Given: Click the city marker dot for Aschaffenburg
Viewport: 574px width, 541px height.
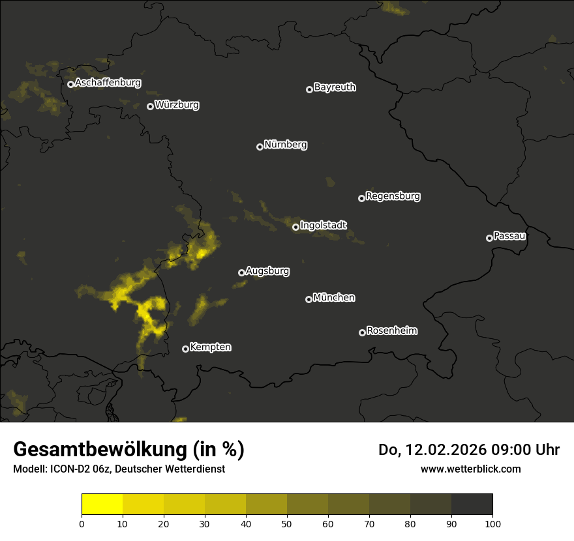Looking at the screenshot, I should pyautogui.click(x=70, y=84).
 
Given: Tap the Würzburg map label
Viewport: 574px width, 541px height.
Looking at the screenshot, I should pyautogui.click(x=177, y=104).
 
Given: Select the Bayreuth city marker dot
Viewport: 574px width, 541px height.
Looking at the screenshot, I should pyautogui.click(x=309, y=89).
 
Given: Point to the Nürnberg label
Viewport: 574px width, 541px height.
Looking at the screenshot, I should pyautogui.click(x=286, y=145).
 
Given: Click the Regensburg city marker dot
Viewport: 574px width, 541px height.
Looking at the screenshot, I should pyautogui.click(x=361, y=198).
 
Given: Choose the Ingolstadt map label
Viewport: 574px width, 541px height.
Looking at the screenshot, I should pyautogui.click(x=324, y=225).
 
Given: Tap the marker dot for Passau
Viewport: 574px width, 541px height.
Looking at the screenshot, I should pyautogui.click(x=489, y=238).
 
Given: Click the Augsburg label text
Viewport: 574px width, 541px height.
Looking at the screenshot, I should pyautogui.click(x=267, y=270).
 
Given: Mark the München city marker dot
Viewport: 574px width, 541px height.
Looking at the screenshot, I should pyautogui.click(x=309, y=299).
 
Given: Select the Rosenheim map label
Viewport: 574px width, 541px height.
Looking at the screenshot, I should pyautogui.click(x=391, y=330).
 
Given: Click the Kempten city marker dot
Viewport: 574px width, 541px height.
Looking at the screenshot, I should pyautogui.click(x=185, y=349).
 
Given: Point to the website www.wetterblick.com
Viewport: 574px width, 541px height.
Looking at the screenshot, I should pyautogui.click(x=470, y=469).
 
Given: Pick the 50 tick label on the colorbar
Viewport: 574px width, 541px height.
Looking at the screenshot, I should pyautogui.click(x=287, y=523).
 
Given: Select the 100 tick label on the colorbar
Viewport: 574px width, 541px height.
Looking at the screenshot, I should pyautogui.click(x=492, y=523).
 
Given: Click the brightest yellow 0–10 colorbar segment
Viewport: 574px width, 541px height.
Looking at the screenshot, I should pyautogui.click(x=102, y=504).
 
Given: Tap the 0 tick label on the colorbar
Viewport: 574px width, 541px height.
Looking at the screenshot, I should pyautogui.click(x=82, y=523).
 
